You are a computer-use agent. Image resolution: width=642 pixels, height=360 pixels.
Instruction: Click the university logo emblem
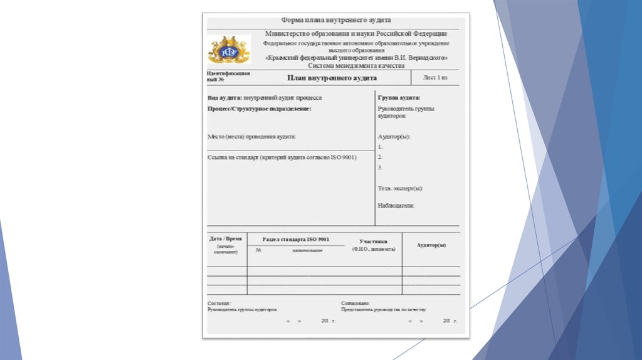click(229, 50)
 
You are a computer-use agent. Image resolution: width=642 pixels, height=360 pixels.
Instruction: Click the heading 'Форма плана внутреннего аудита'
click(332, 20)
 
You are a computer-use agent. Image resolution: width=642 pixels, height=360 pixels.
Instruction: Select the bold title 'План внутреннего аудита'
click(332, 78)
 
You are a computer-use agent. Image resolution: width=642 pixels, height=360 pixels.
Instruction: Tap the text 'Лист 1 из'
click(436, 78)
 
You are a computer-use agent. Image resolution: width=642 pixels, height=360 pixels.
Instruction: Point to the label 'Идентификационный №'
click(228, 77)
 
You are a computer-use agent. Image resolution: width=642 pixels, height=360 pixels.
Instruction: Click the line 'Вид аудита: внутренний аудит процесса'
click(265, 98)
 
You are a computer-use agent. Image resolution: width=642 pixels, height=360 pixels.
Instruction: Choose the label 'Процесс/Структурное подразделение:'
click(259, 109)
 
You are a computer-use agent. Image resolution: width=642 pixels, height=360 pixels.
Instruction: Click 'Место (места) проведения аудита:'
click(251, 136)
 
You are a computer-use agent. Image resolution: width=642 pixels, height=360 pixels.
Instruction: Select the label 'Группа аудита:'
click(399, 98)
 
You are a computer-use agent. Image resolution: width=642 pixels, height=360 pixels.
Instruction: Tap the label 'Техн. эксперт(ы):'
click(400, 188)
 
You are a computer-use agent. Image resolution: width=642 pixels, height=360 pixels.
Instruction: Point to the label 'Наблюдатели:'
click(396, 205)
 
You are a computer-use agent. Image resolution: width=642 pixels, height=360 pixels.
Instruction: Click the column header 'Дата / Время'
click(226, 239)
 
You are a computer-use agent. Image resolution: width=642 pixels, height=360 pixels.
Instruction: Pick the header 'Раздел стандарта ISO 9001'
click(295, 240)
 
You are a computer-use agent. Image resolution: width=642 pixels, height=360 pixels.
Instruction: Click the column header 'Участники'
click(373, 241)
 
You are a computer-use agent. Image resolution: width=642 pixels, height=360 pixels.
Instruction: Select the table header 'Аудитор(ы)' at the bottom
click(431, 245)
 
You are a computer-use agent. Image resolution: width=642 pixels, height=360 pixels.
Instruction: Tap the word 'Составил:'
click(219, 303)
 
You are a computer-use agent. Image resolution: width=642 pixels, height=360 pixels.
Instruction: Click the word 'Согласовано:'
click(355, 303)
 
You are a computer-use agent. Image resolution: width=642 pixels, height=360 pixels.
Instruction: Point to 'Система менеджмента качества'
click(356, 65)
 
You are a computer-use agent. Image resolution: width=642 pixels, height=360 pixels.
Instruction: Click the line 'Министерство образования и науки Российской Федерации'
click(356, 33)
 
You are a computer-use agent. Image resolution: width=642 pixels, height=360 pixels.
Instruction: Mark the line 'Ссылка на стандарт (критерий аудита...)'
click(282, 157)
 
